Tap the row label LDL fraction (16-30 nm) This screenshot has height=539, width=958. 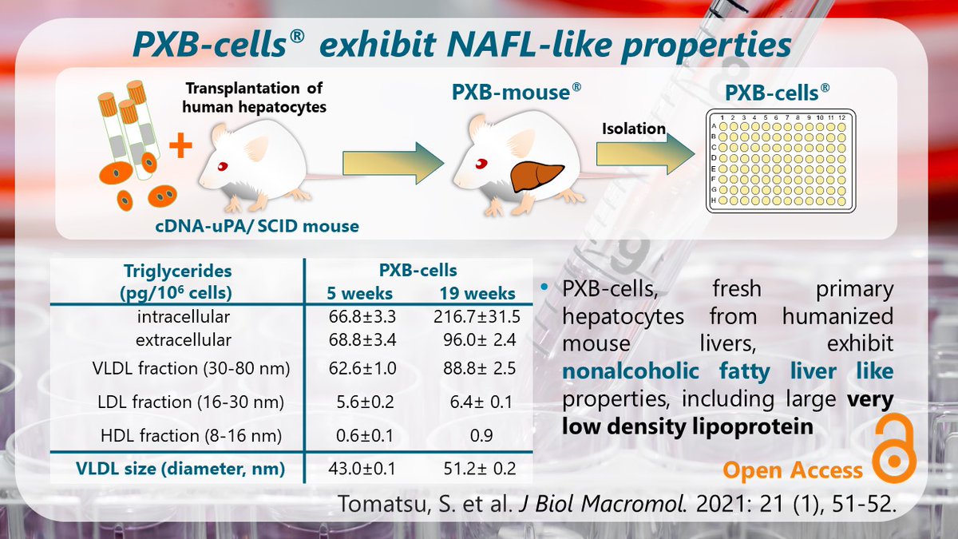172,403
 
